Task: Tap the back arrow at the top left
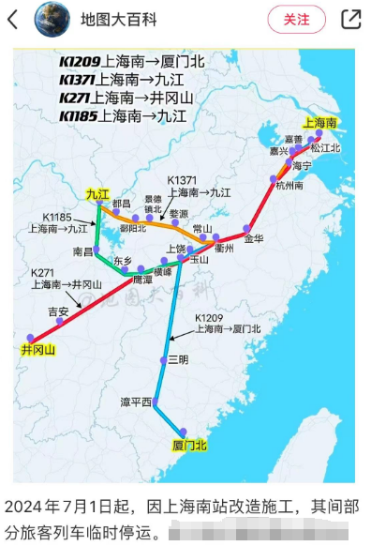click(13, 19)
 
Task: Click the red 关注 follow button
click(296, 19)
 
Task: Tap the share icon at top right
click(350, 19)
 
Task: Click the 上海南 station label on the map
click(319, 122)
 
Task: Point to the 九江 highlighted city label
click(97, 193)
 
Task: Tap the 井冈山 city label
click(38, 350)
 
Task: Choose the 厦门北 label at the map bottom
click(190, 444)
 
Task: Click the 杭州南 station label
click(289, 186)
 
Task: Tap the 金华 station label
click(253, 238)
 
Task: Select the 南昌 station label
click(83, 252)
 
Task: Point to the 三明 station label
click(178, 360)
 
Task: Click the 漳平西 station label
click(136, 402)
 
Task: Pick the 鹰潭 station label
click(141, 280)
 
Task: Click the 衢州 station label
click(223, 249)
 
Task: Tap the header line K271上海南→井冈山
click(124, 98)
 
